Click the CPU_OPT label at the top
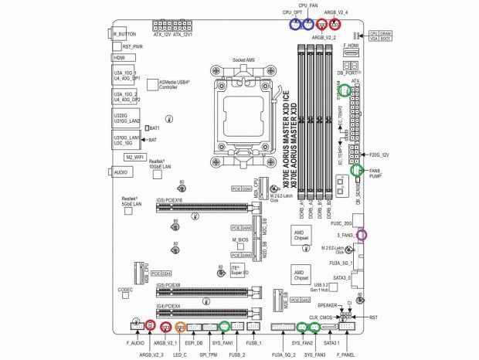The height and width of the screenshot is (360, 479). pos(291,13)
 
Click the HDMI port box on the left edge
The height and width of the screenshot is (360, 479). pos(120,58)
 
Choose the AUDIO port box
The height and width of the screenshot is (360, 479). pos(121,172)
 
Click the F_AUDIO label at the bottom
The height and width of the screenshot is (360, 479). pos(134,341)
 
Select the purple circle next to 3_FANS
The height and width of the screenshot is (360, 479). pos(362,234)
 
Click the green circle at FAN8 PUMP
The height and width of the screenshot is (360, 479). pos(357,170)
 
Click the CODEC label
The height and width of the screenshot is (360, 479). pos(125,290)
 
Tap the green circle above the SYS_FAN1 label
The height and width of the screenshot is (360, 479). pos(225,325)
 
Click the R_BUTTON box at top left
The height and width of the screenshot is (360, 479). pos(124,34)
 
